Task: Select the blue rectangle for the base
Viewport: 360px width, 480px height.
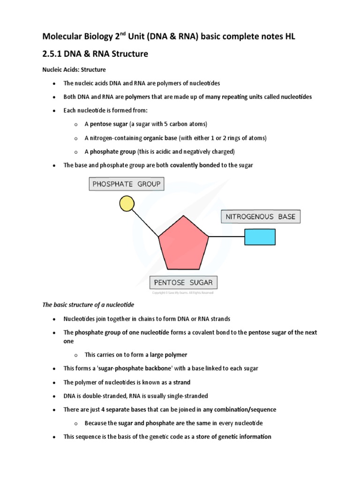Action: coord(260,237)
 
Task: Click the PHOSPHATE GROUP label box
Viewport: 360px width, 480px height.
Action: coord(126,184)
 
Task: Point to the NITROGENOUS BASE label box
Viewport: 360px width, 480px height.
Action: coord(261,217)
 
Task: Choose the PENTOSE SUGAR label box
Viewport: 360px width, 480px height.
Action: coord(184,282)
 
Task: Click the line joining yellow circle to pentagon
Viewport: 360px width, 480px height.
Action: coord(145,223)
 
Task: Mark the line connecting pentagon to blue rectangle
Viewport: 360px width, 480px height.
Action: coord(227,237)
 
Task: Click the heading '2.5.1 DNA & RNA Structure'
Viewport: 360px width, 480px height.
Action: coord(95,54)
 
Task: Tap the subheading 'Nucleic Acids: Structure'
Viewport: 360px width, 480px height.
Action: coord(74,70)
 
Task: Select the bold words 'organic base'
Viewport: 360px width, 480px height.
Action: coord(160,138)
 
